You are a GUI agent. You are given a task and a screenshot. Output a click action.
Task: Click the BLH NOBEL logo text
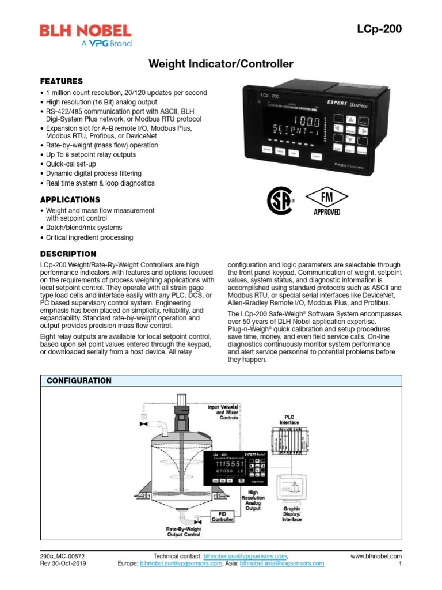coord(85,31)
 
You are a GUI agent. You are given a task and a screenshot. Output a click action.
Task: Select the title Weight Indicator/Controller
coord(221,64)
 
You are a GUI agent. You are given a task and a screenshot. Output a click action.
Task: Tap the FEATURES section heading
coord(61,81)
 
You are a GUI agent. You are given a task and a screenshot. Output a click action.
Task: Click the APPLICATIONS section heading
coord(70,199)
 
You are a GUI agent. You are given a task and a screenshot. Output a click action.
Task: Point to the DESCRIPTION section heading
coord(68,254)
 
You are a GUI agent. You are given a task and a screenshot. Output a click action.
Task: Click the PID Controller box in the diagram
coord(222,516)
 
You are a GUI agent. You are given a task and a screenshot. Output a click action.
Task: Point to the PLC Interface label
coord(289,419)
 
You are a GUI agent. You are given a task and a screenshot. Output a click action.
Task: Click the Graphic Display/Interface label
coord(292,514)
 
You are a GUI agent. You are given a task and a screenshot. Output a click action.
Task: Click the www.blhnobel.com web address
coord(376,556)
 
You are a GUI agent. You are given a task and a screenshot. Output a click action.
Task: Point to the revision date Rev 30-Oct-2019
coord(63,564)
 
